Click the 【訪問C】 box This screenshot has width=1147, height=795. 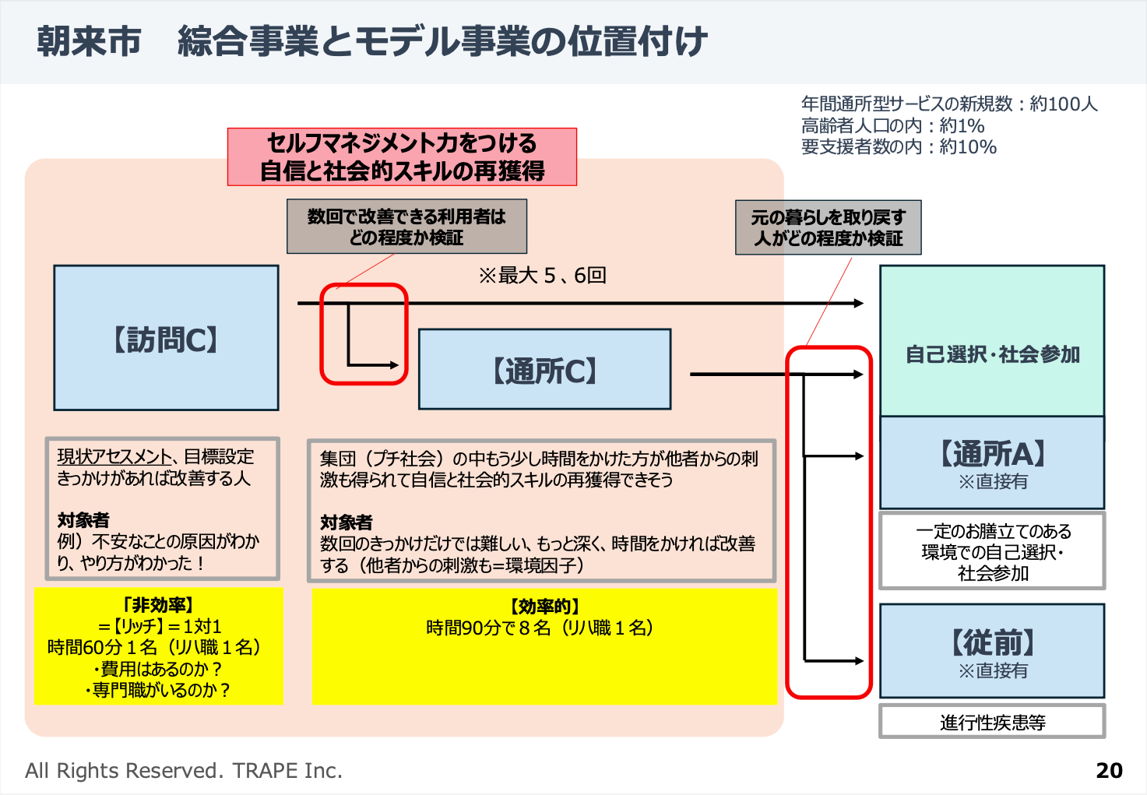coord(166,338)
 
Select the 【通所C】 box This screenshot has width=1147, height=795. coord(544,369)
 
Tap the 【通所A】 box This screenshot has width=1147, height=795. coord(992,463)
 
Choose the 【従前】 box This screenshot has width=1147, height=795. coord(992,651)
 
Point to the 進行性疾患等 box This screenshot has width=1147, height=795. coord(992,722)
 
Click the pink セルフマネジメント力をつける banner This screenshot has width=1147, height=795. coord(402,157)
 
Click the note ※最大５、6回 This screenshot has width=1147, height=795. coord(542,275)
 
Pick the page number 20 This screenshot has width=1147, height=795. coord(1109,770)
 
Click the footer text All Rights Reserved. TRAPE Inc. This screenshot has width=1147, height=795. coord(184,770)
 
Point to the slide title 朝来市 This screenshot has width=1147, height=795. coord(89,41)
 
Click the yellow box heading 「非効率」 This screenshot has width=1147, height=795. coord(159,605)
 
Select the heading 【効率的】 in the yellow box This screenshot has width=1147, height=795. coord(544,607)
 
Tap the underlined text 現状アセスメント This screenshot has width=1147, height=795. coord(114,456)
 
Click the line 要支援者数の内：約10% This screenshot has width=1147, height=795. coord(899,146)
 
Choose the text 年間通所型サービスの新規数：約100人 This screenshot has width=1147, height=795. coord(949,104)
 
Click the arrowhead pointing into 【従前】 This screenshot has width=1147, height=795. coord(859,661)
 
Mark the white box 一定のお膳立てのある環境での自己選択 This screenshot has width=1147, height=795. coord(992,551)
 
